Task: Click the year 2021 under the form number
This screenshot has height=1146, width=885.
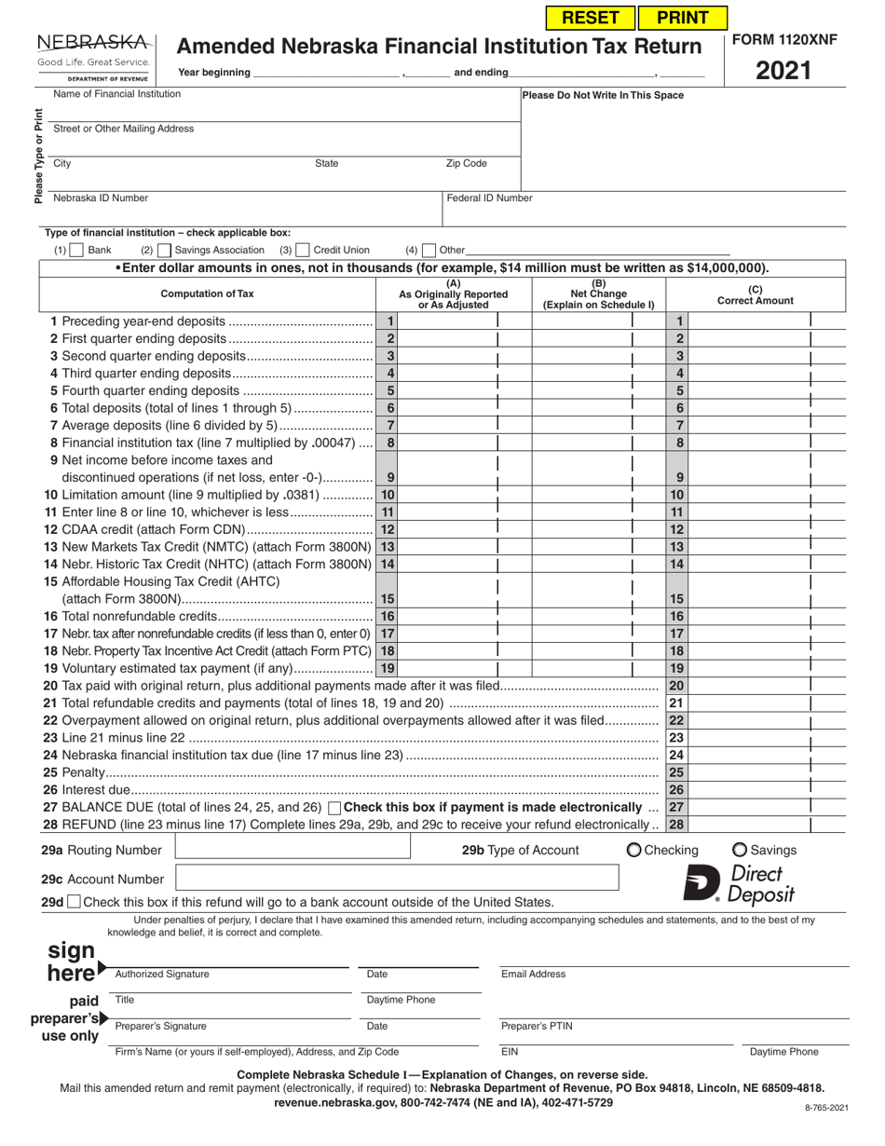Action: click(x=784, y=71)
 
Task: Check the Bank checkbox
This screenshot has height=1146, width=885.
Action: click(x=78, y=251)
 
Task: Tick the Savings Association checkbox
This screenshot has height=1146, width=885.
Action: click(x=165, y=251)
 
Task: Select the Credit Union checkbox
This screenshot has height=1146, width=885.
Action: click(x=303, y=251)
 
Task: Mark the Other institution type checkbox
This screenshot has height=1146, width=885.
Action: click(x=429, y=251)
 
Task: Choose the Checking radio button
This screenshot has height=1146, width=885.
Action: click(x=634, y=850)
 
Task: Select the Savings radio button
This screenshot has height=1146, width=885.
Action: click(x=740, y=850)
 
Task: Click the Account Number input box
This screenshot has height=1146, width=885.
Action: click(x=397, y=879)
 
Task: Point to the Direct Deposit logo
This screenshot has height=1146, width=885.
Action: click(x=740, y=883)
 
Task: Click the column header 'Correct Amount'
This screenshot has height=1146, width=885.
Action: click(x=755, y=295)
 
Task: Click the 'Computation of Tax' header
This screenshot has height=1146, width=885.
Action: click(x=207, y=293)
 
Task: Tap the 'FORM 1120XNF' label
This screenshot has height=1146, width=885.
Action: click(x=784, y=40)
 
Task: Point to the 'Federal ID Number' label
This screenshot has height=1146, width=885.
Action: click(x=490, y=198)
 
